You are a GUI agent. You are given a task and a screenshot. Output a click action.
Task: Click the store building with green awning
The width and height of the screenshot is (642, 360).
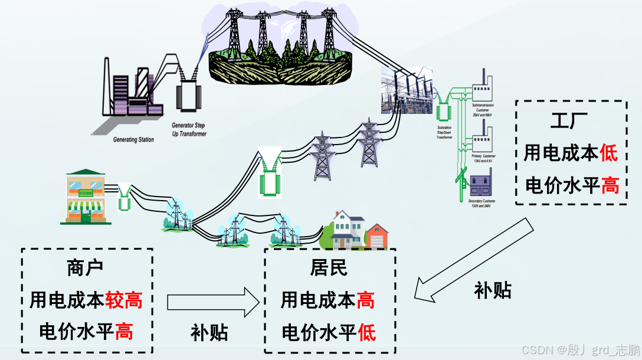86,198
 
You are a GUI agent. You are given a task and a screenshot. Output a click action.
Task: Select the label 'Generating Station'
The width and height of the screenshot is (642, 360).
133,140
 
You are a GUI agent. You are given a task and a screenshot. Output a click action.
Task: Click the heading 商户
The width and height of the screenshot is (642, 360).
86,268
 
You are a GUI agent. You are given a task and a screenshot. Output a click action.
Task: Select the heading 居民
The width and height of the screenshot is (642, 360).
329,268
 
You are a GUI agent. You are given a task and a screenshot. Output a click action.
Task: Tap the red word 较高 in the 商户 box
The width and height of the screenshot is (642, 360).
124,300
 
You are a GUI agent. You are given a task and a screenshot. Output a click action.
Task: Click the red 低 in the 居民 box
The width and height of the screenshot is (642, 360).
366,333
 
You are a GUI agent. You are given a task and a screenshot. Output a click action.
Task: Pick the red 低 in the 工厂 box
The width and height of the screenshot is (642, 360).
609,153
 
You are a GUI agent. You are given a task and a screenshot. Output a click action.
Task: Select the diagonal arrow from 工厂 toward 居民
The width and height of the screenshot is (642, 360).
472,260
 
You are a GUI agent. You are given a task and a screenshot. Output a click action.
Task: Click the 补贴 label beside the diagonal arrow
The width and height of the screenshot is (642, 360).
493,290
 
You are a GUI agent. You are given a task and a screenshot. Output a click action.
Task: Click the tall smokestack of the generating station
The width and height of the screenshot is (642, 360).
107,86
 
